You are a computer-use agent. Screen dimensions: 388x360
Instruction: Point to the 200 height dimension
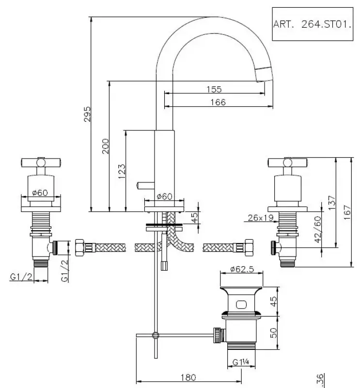[106, 146]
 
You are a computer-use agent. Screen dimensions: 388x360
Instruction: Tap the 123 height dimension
[122, 170]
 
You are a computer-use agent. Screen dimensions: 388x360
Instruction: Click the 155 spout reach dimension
[213, 89]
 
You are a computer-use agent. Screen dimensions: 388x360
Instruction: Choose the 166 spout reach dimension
[218, 102]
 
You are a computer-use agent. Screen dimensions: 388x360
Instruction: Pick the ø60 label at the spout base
[165, 196]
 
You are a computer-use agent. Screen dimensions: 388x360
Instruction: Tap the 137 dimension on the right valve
[331, 202]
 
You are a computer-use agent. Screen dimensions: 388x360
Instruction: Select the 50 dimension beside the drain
[273, 333]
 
